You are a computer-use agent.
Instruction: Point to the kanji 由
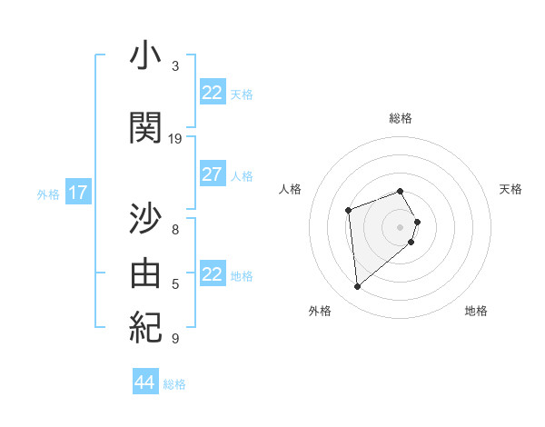click(145, 271)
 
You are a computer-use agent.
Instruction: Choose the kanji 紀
click(145, 325)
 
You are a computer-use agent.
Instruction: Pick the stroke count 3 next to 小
click(175, 65)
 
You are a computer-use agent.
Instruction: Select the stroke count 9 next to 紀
click(175, 339)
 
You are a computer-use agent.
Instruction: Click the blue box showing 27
click(212, 174)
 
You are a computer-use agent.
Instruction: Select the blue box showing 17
click(77, 193)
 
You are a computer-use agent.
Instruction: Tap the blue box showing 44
click(144, 382)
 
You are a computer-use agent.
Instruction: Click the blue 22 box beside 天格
click(212, 93)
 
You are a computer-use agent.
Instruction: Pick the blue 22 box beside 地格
click(212, 274)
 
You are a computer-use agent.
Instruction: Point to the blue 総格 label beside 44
click(174, 384)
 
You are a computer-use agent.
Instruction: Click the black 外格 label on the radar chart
click(320, 311)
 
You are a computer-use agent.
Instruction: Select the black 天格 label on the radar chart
click(510, 189)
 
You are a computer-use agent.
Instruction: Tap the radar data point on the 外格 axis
click(358, 287)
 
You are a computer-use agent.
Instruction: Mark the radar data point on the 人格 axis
click(349, 211)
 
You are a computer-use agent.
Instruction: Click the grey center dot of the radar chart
click(400, 226)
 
